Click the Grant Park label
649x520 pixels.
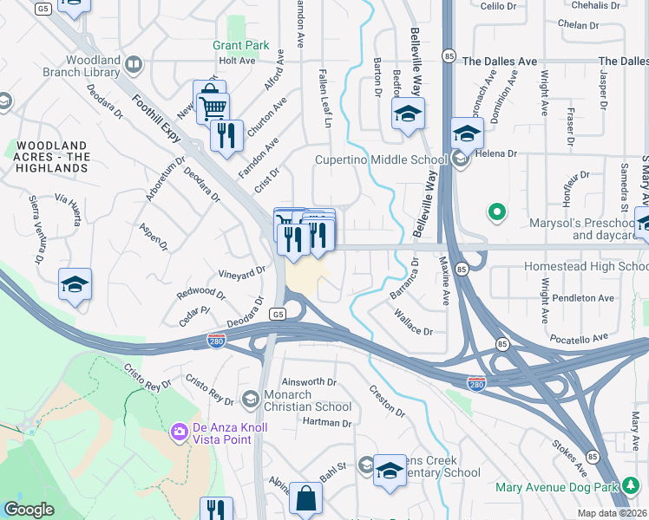(241, 45)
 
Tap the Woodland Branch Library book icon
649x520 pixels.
(134, 64)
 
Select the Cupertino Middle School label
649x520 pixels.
(381, 159)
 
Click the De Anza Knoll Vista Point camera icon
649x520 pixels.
(180, 431)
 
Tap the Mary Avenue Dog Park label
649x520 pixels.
(556, 487)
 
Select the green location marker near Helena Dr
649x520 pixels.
(496, 211)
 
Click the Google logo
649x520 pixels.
(29, 509)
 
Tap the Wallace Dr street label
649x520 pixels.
(414, 328)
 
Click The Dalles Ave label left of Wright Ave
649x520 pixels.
(500, 62)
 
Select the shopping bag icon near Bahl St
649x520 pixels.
(305, 499)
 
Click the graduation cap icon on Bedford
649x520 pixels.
(406, 114)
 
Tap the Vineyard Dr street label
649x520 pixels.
(242, 273)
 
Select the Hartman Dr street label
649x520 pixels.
(327, 423)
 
